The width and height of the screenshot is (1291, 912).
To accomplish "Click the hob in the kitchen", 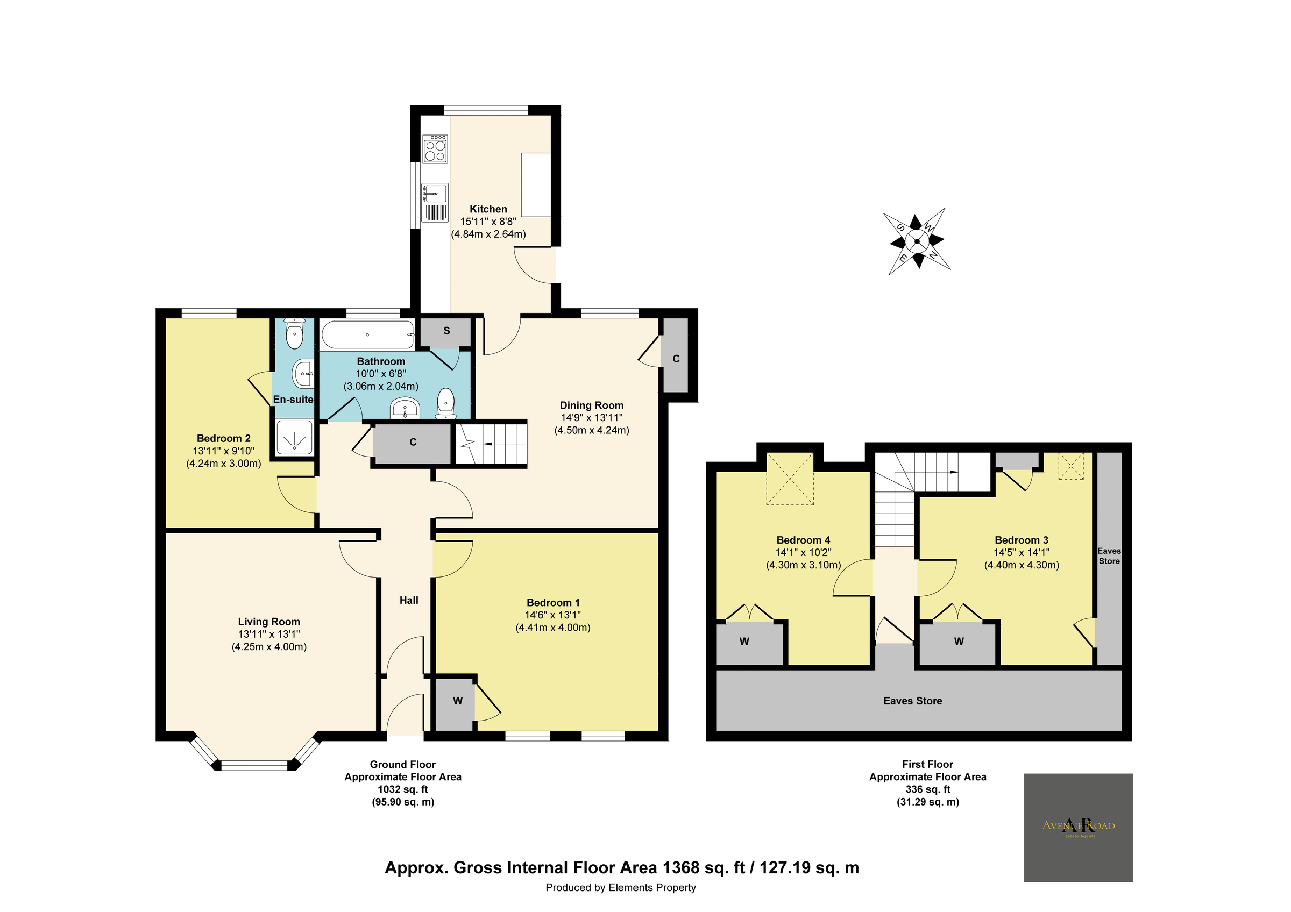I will (x=435, y=149).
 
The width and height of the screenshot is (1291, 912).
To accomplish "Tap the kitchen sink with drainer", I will (x=435, y=202).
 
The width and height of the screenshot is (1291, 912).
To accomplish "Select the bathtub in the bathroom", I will (x=368, y=335).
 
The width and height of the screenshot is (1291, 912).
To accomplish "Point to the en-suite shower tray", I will (x=294, y=437).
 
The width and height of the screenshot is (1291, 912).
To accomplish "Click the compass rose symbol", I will (x=917, y=241).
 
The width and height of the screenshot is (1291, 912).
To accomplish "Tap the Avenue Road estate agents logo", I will (x=1078, y=827).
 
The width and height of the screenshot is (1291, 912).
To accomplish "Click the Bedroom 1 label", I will (x=553, y=602).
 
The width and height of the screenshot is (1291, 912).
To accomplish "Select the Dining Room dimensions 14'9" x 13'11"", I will (x=592, y=417).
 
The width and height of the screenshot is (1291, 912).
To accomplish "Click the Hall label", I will (x=409, y=600).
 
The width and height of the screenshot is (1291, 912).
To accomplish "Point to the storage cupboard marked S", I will (x=446, y=331).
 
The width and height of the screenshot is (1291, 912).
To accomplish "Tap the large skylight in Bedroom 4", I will (x=790, y=478).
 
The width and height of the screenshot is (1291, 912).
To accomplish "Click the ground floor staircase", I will (x=491, y=444).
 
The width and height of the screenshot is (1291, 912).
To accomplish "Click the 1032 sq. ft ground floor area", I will (x=402, y=789).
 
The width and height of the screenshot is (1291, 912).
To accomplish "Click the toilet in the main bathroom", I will (x=446, y=403).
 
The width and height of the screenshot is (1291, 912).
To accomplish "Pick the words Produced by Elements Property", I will (x=620, y=887).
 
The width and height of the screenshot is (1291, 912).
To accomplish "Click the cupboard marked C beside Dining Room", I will (x=676, y=358).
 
